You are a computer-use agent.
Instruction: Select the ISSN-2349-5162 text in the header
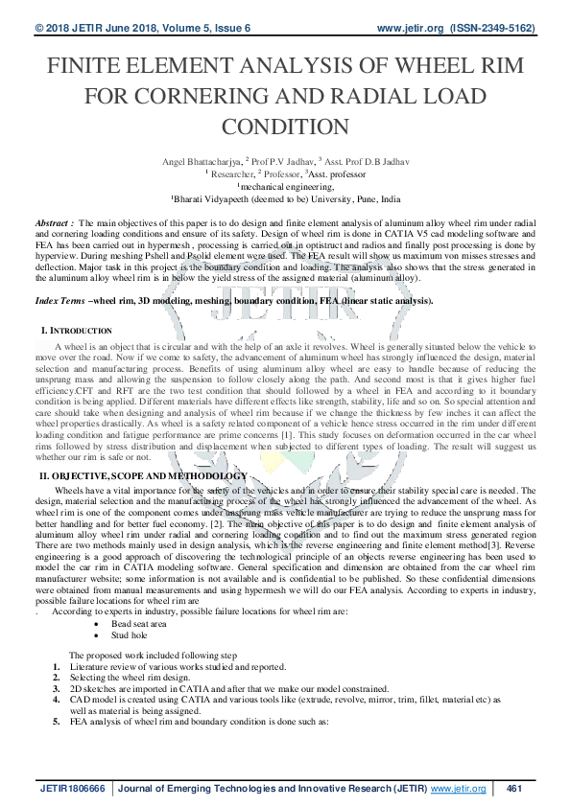496,29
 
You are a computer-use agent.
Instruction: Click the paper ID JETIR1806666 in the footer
72,788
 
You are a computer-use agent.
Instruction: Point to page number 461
512,788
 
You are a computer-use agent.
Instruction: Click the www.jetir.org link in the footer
458,788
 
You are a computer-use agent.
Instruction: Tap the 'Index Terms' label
59,301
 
